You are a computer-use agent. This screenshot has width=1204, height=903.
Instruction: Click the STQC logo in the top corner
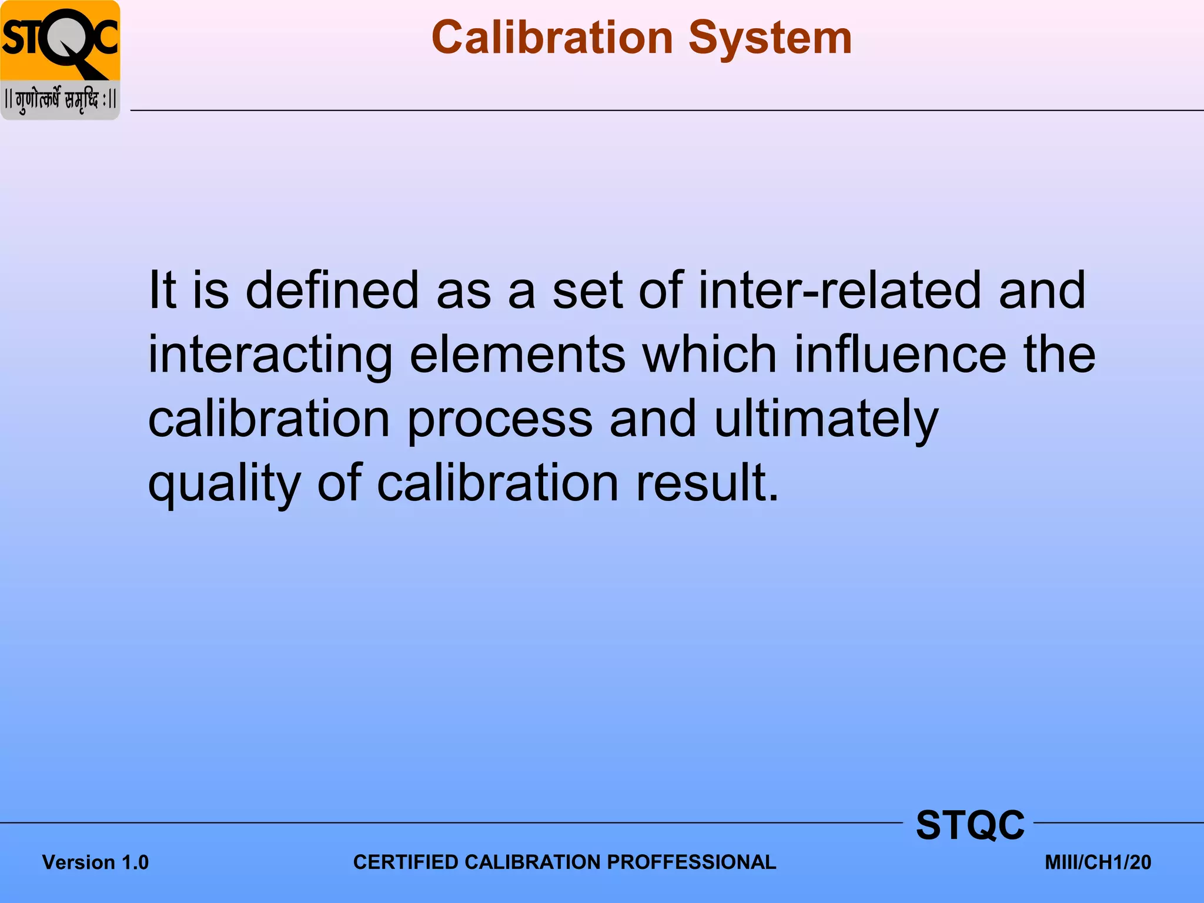pyautogui.click(x=60, y=41)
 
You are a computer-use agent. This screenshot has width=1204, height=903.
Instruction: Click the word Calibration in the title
pyautogui.click(x=552, y=38)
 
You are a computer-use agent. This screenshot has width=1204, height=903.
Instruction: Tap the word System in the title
pyautogui.click(x=770, y=38)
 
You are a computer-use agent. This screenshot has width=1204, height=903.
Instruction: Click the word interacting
pyautogui.click(x=270, y=355)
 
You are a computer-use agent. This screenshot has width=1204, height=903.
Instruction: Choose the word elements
pyautogui.click(x=517, y=355)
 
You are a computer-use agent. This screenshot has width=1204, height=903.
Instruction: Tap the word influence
pyautogui.click(x=900, y=355)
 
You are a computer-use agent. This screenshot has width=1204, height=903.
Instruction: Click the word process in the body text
pyautogui.click(x=500, y=420)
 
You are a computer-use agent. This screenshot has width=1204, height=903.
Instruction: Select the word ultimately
pyautogui.click(x=826, y=420)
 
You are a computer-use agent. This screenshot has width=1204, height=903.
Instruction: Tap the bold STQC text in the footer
pyautogui.click(x=970, y=825)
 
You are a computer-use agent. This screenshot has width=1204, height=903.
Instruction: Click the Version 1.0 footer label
pyautogui.click(x=95, y=862)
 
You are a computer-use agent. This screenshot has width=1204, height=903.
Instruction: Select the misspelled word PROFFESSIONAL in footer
pyautogui.click(x=691, y=862)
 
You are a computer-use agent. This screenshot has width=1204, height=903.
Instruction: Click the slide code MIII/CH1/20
pyautogui.click(x=1098, y=862)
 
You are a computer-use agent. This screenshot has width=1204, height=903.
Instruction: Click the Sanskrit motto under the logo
pyautogui.click(x=60, y=100)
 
